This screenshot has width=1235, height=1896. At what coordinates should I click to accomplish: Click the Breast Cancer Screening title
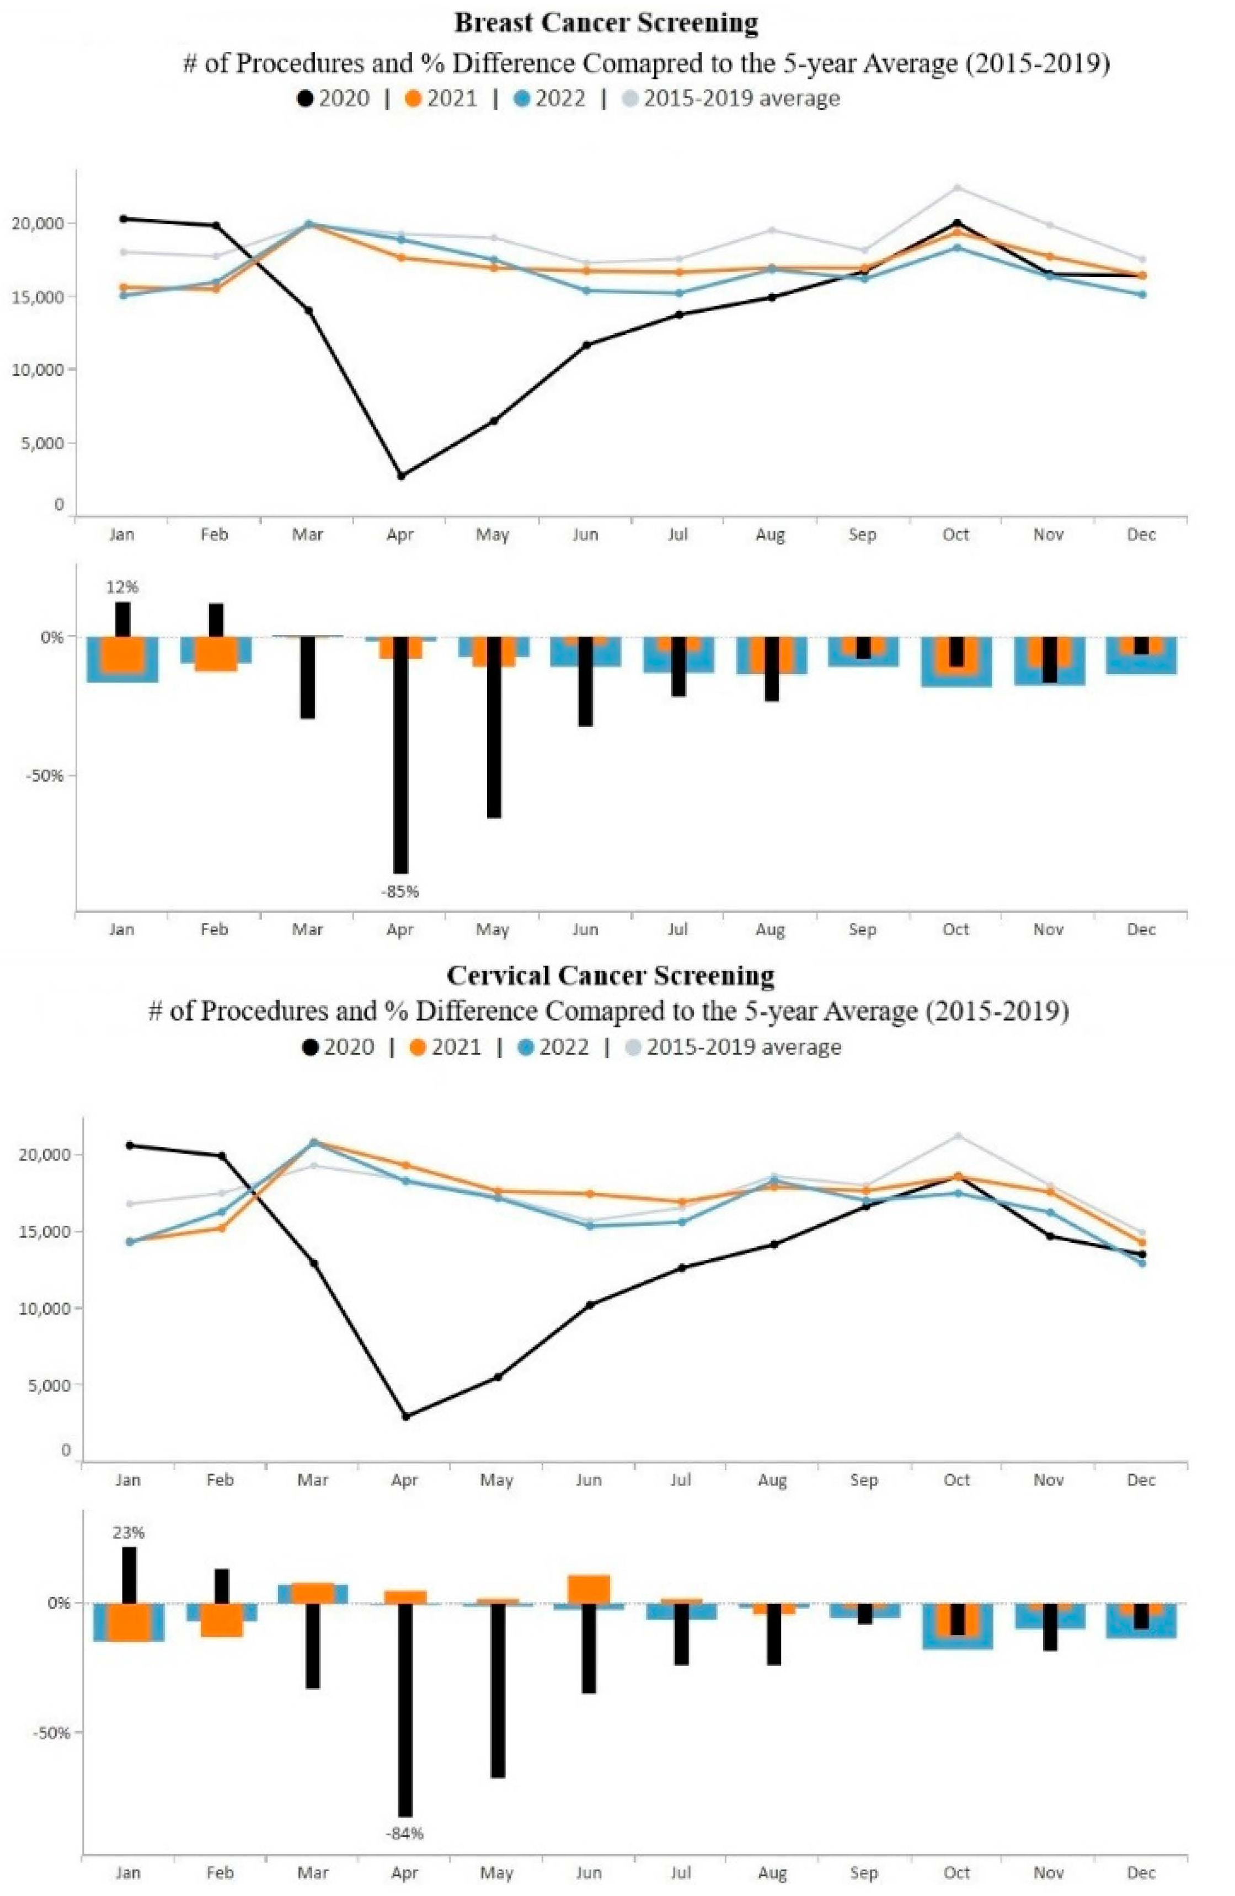(x=606, y=23)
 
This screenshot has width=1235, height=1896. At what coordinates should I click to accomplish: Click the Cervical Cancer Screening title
(x=610, y=975)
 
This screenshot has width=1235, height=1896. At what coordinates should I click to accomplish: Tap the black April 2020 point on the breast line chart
(x=401, y=476)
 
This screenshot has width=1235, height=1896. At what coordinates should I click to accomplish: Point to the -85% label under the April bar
(x=399, y=891)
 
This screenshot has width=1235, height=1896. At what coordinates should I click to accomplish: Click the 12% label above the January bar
(x=122, y=587)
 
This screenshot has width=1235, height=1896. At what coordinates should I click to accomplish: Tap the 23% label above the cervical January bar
(x=129, y=1532)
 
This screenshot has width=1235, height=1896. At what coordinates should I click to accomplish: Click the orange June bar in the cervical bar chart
(x=589, y=1589)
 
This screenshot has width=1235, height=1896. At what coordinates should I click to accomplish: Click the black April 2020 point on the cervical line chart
(x=405, y=1417)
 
